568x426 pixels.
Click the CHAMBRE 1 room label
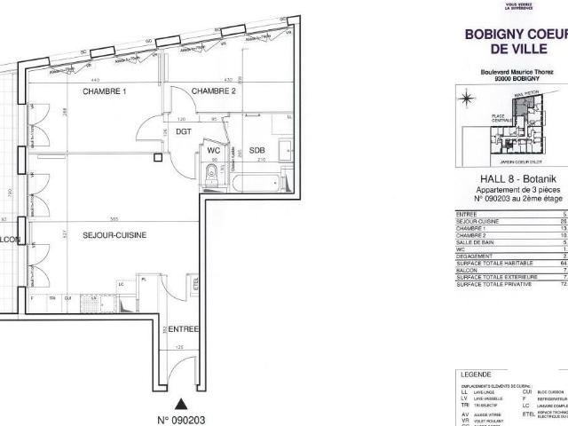(x=105, y=91)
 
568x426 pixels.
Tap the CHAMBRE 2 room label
(x=214, y=91)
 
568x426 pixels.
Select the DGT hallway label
(x=184, y=131)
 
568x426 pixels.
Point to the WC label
(x=213, y=149)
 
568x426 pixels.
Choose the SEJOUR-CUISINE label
(x=114, y=234)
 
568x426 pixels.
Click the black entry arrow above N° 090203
(x=181, y=379)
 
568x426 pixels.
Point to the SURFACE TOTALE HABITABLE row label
(x=493, y=263)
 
